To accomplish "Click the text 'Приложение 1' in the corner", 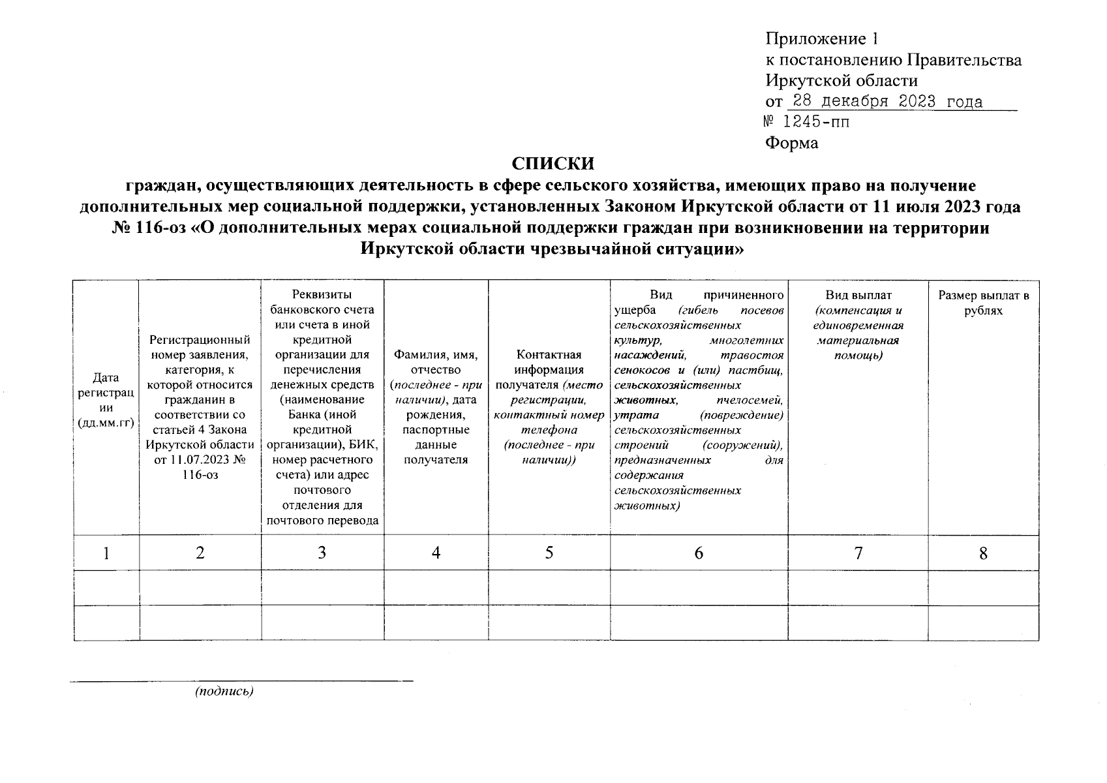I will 818,38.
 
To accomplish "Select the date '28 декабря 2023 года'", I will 885,102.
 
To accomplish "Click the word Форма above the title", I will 791,143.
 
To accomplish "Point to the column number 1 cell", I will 106,553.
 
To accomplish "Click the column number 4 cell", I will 436,553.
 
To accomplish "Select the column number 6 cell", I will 698,553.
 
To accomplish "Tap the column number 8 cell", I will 982,553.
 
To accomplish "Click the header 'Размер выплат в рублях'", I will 983,303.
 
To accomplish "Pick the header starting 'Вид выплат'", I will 858,326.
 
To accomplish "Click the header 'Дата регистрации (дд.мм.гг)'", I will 106,400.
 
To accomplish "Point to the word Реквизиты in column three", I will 322,295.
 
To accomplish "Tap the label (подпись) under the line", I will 224,692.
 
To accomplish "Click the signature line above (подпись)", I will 241,681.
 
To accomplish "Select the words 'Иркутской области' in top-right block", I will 841,81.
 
